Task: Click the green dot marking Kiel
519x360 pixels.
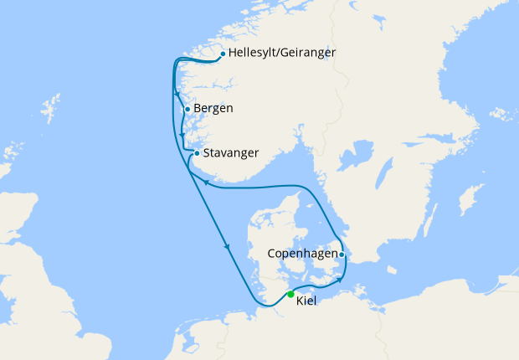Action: (290, 294)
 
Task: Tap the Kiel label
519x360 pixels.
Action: (306, 301)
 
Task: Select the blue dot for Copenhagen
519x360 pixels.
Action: (342, 253)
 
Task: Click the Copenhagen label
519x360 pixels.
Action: (302, 253)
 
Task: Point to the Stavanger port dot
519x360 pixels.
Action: (197, 153)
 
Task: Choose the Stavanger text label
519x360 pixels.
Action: (230, 153)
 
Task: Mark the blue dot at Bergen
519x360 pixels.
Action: (187, 109)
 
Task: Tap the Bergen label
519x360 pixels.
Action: (213, 109)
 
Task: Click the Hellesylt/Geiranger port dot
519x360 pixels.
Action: (222, 54)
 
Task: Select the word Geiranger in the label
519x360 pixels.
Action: (306, 54)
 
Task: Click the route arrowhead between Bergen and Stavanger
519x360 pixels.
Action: (182, 134)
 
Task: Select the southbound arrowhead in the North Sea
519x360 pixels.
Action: (226, 246)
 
